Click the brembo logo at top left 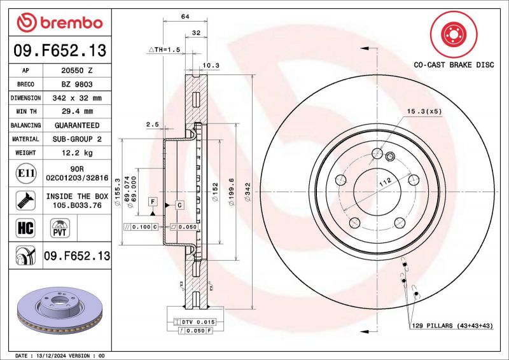click(x=59, y=23)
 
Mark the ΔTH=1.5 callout click(x=164, y=49)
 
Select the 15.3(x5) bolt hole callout click(x=424, y=111)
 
